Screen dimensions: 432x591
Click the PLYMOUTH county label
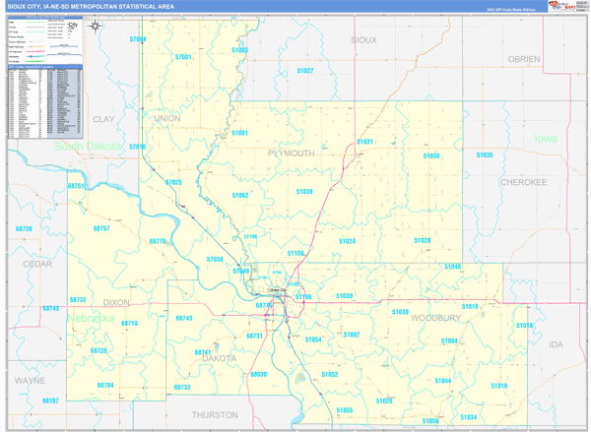(x=292, y=154)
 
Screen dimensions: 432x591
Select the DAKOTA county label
(x=220, y=358)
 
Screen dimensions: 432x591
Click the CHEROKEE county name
(x=523, y=182)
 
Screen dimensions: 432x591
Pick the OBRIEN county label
(x=524, y=59)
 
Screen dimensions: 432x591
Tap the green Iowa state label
(x=545, y=139)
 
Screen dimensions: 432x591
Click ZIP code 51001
(x=240, y=132)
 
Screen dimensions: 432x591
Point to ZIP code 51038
(x=303, y=192)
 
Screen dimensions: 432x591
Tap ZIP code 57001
(x=183, y=57)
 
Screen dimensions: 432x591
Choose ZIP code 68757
(x=101, y=228)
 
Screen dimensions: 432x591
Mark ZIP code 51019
(x=497, y=386)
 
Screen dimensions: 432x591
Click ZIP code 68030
(x=259, y=375)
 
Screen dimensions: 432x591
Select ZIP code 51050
(x=431, y=155)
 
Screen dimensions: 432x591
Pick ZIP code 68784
(x=105, y=385)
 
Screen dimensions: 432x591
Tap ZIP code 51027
(x=304, y=71)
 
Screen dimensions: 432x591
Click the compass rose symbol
(x=95, y=27)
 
